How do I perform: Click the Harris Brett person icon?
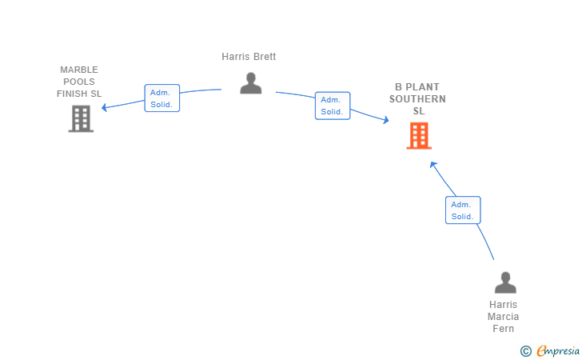(x=250, y=83)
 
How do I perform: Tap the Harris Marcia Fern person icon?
(x=505, y=282)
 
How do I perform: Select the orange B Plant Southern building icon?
(x=419, y=136)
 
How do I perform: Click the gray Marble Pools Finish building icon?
(x=81, y=119)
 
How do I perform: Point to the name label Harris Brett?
(x=249, y=57)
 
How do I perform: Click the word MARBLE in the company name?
(x=79, y=70)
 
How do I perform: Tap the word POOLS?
(x=79, y=82)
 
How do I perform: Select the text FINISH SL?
(x=79, y=94)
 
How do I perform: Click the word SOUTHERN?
(x=417, y=99)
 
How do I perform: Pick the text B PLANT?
(x=417, y=87)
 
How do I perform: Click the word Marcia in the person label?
(x=504, y=317)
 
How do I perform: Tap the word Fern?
(x=504, y=329)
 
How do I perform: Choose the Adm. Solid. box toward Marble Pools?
(x=162, y=98)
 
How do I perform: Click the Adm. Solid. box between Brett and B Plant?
(x=333, y=106)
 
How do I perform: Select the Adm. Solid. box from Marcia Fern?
(x=463, y=210)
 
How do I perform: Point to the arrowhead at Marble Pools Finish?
(x=104, y=107)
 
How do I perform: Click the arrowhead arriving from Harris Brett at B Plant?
(x=386, y=120)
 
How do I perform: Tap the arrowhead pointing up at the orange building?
(x=433, y=165)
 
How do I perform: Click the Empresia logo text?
(x=558, y=350)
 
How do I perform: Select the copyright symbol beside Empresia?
(x=526, y=351)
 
